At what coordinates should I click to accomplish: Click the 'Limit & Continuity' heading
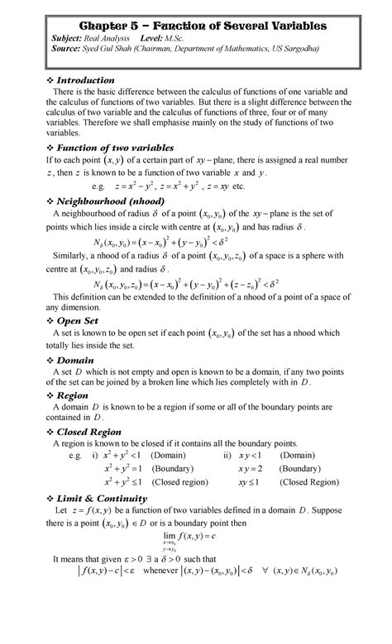pyautogui.click(x=108, y=499)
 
